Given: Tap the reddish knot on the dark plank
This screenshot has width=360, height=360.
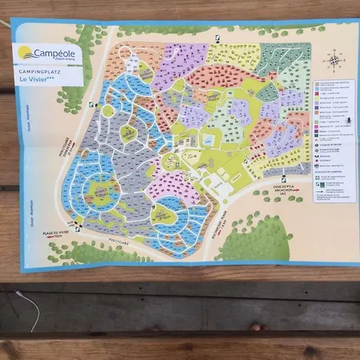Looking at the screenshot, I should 255,326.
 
